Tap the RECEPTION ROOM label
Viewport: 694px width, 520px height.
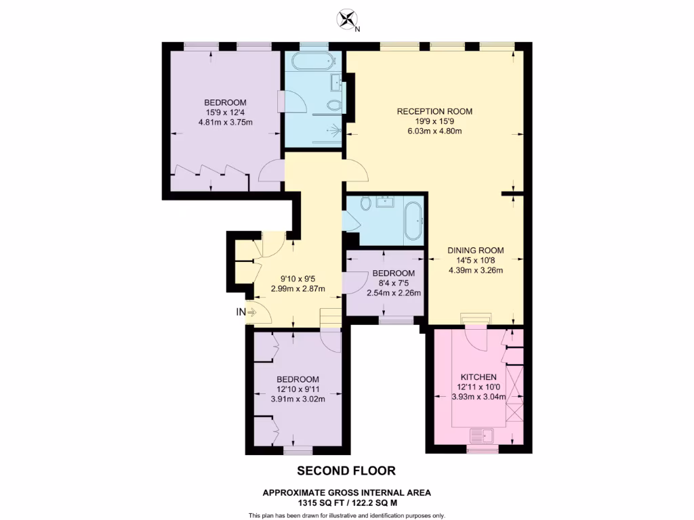coord(434,111)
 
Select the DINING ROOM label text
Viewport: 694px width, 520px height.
coord(475,250)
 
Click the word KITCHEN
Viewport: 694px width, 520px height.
coord(478,377)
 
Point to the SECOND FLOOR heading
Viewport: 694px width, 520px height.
coord(346,471)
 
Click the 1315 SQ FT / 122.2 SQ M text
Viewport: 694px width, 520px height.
coord(346,503)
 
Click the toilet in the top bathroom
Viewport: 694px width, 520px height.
coord(333,106)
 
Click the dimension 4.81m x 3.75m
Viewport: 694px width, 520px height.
coord(225,123)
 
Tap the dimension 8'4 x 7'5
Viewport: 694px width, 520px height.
coord(394,283)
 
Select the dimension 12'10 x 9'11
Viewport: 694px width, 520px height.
coord(298,389)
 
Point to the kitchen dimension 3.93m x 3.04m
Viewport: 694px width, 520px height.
coord(478,397)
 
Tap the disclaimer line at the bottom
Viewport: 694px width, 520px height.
coord(346,516)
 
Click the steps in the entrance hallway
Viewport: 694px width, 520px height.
coord(330,317)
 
